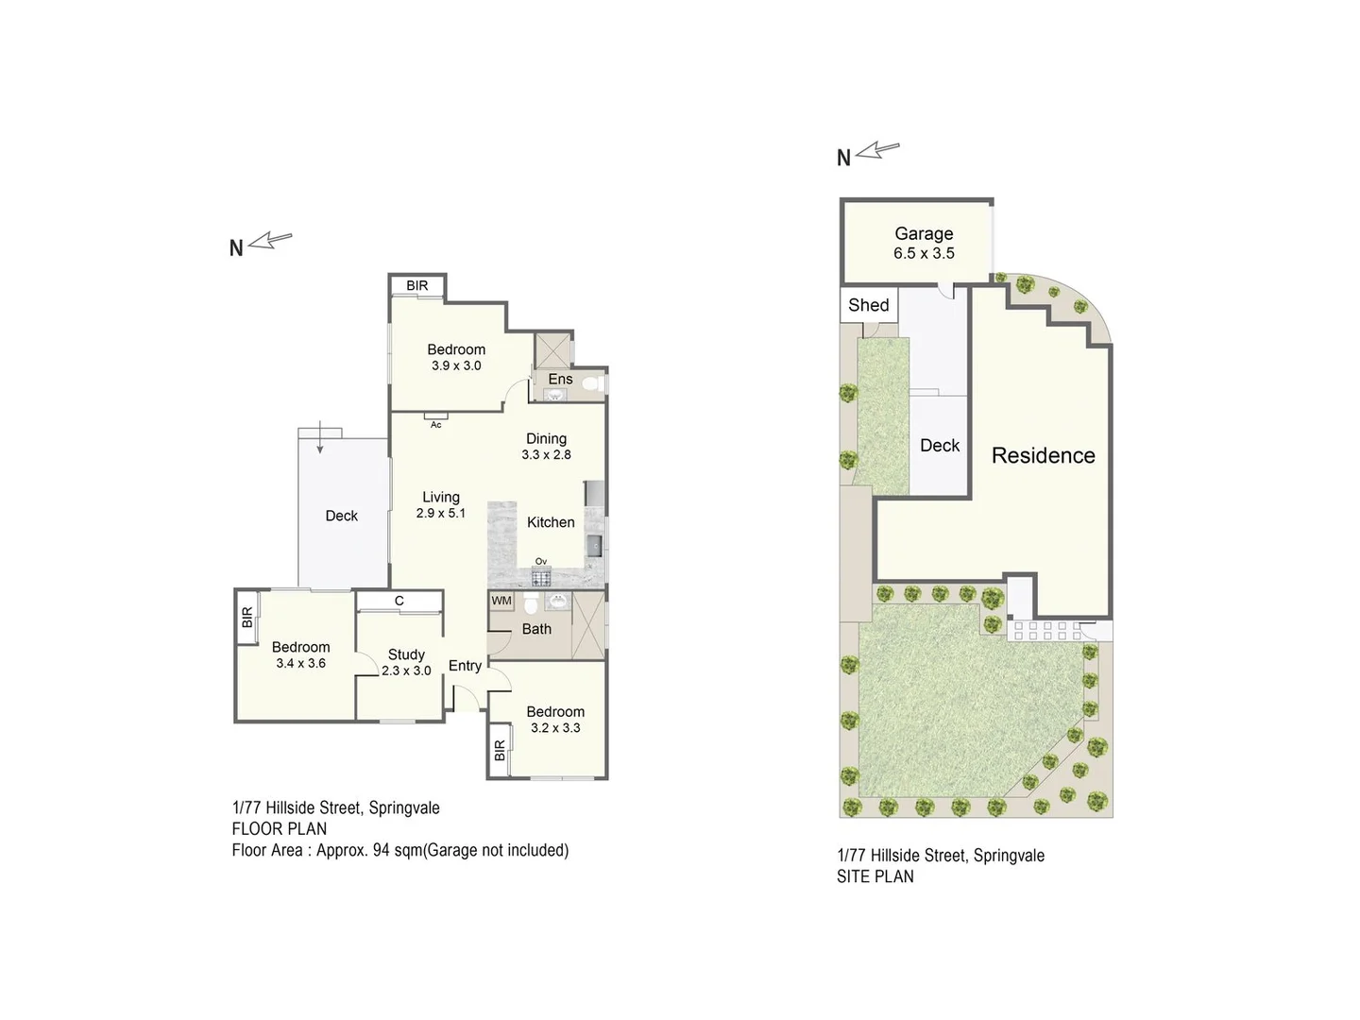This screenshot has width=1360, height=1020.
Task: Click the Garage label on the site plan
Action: click(x=924, y=233)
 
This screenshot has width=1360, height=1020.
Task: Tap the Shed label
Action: click(x=868, y=305)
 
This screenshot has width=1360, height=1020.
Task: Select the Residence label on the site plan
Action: click(x=1043, y=455)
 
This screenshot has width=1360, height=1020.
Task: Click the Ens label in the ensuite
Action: click(x=560, y=379)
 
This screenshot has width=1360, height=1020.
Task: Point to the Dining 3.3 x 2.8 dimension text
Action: click(x=546, y=454)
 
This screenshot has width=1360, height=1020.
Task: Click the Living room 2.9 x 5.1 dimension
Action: click(x=441, y=513)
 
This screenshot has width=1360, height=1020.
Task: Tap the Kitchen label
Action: click(x=551, y=522)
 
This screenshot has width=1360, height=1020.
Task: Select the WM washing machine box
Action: click(x=501, y=601)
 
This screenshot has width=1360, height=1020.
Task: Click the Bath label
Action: click(x=536, y=629)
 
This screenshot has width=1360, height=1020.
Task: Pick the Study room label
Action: click(x=406, y=654)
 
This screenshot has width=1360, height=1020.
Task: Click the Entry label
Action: click(x=465, y=666)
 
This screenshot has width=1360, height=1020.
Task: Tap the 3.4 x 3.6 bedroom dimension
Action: click(x=300, y=663)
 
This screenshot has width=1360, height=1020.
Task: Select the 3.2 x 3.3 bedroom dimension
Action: click(x=555, y=727)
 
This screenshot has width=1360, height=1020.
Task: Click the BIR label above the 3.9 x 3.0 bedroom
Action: click(x=416, y=286)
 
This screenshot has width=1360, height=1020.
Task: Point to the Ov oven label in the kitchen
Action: click(x=541, y=561)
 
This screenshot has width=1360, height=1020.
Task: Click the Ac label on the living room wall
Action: click(x=435, y=425)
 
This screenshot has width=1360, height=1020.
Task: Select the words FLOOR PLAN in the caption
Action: click(x=280, y=829)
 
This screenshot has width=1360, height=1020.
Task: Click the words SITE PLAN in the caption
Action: click(x=875, y=876)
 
